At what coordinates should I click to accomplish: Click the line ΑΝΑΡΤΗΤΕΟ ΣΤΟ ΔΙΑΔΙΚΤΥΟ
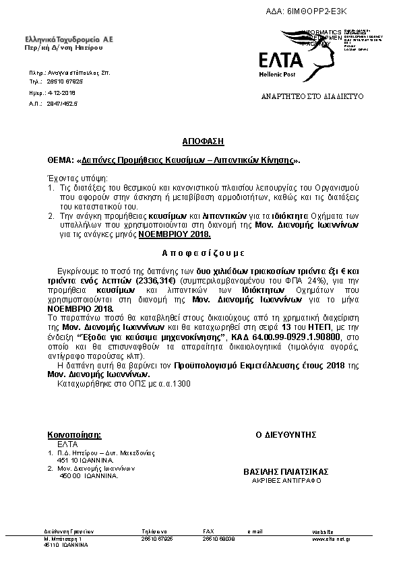pos(312,97)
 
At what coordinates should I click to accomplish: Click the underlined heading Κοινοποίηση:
pos(75,435)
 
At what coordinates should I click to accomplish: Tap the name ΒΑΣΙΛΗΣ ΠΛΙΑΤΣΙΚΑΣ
pos(286,473)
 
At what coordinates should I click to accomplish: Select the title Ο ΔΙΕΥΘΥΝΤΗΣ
pos(286,435)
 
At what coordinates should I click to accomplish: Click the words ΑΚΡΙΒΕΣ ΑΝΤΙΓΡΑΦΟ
pos(286,481)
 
